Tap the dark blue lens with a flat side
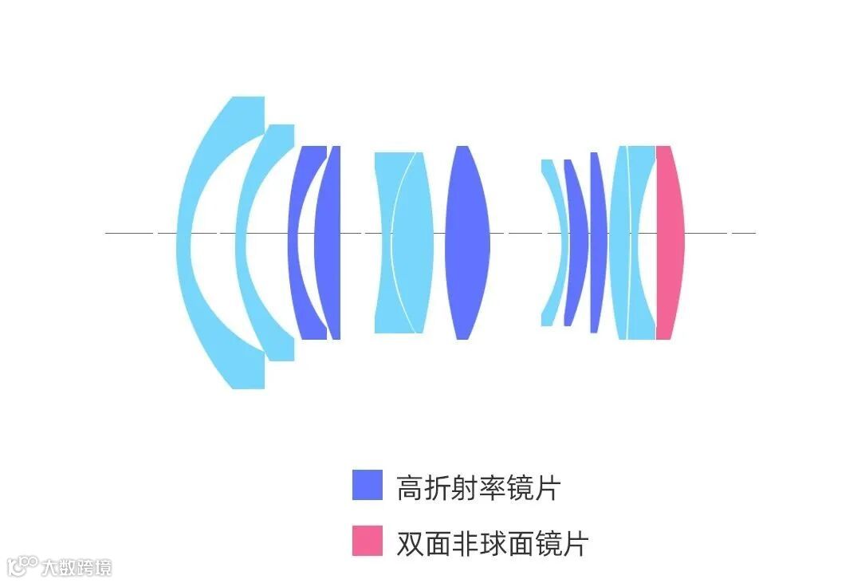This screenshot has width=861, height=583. [328, 239]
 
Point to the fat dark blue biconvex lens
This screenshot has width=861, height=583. [466, 239]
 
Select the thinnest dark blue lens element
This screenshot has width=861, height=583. [595, 239]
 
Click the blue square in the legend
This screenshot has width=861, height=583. [367, 484]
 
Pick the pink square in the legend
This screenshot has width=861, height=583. [367, 541]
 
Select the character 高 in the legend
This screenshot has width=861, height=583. [410, 486]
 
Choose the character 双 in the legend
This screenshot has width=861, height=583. [410, 543]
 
